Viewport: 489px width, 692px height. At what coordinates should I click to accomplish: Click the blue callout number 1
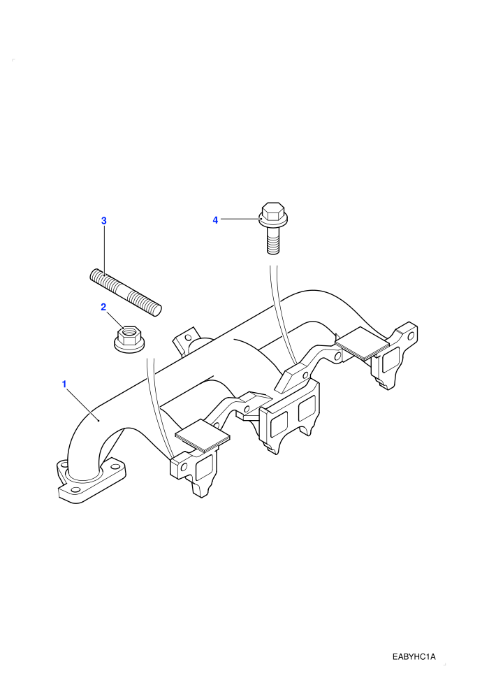click(x=64, y=384)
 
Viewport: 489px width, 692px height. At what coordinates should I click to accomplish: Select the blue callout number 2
click(x=103, y=307)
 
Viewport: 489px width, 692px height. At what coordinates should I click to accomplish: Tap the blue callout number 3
click(x=104, y=221)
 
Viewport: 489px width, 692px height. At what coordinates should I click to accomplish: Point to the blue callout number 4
click(x=215, y=219)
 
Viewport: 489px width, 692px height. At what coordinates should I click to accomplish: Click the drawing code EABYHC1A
click(x=414, y=657)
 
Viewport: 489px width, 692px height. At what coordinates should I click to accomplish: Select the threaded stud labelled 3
click(x=126, y=293)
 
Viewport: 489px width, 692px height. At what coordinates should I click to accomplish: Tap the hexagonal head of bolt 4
click(x=273, y=211)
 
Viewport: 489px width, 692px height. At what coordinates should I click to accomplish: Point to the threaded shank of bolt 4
click(x=273, y=243)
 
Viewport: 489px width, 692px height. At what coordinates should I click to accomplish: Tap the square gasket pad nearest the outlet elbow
click(x=203, y=435)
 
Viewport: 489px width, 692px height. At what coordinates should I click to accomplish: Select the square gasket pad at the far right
click(x=363, y=342)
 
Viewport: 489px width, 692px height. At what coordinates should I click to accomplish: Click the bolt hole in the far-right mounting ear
click(x=411, y=336)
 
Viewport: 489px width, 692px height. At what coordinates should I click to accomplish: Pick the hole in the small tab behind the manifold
click(x=189, y=338)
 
